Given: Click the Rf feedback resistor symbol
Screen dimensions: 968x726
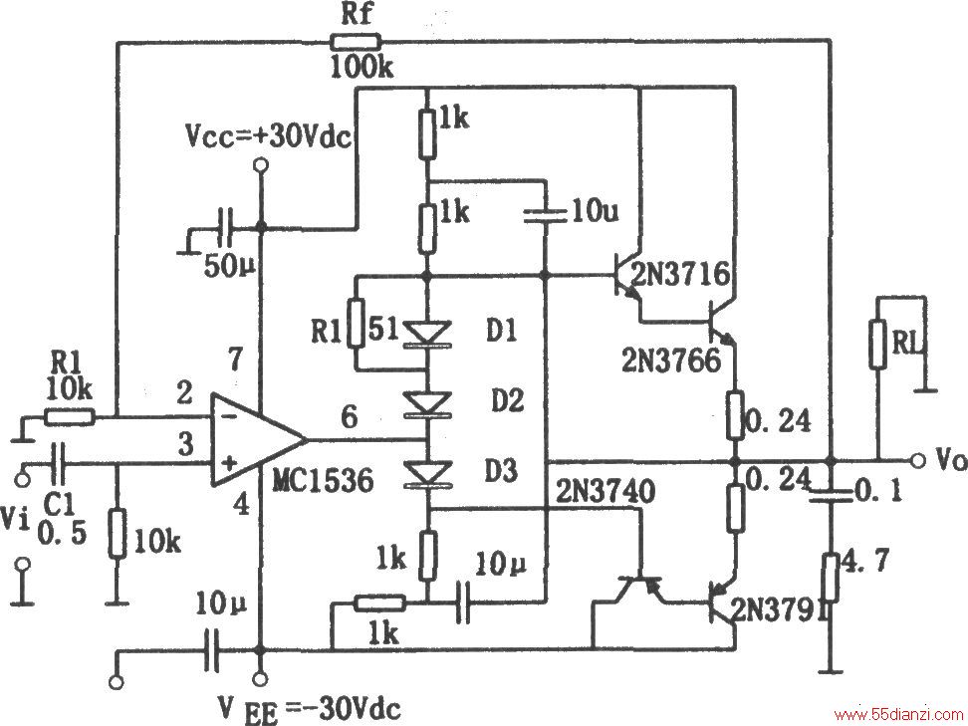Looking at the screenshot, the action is coord(356,42).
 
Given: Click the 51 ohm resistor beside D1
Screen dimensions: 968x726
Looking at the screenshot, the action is coord(357,323).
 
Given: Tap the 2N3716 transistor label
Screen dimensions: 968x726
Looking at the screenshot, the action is coord(680,274).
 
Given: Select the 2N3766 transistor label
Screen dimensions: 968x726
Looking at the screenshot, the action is coord(671,360).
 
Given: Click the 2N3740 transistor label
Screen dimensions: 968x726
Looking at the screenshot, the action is coord(605,492).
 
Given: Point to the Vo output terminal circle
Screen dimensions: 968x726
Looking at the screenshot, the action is coord(918,461).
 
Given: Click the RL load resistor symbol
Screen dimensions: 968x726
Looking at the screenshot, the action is coord(877,344).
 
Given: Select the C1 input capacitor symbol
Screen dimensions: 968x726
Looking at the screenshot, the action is coord(60,463).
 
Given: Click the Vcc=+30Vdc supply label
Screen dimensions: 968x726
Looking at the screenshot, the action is coord(269,137).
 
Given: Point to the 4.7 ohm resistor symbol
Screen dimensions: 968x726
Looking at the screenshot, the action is coord(831,578).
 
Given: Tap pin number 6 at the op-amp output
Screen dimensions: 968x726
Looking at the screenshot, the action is coord(350,417).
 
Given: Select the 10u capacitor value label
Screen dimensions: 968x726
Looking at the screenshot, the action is coord(596,212).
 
